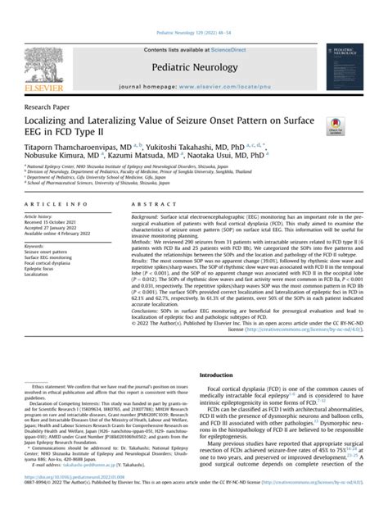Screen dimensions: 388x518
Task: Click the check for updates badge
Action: point(336,125)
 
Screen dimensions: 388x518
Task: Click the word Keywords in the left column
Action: point(37,245)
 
